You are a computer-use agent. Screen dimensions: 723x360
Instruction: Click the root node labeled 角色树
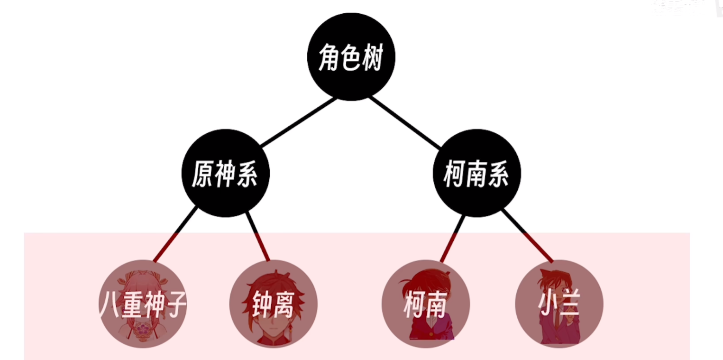tap(351, 57)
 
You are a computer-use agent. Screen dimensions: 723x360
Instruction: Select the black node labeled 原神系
tap(226, 173)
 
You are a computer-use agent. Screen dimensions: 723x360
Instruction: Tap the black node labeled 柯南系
tap(477, 173)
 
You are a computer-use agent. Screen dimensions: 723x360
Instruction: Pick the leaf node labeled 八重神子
tap(143, 304)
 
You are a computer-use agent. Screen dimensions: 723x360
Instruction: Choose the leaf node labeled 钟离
tap(274, 304)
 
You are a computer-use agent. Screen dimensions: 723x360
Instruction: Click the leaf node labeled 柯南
tap(426, 304)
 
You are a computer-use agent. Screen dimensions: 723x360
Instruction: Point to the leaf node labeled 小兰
tap(559, 304)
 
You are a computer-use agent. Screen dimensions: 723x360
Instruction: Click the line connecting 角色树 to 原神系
tap(299, 122)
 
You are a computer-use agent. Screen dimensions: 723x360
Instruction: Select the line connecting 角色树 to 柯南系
tap(405, 122)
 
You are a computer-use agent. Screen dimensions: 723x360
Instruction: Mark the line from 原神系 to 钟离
tap(257, 236)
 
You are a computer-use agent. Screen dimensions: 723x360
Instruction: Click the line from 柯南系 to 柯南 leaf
tap(452, 239)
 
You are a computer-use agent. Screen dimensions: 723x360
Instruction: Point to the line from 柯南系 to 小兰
tap(528, 236)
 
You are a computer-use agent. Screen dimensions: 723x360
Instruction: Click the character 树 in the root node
tap(373, 57)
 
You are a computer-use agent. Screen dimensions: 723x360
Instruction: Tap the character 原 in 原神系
tap(202, 174)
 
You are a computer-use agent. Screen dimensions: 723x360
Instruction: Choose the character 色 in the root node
tap(351, 57)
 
